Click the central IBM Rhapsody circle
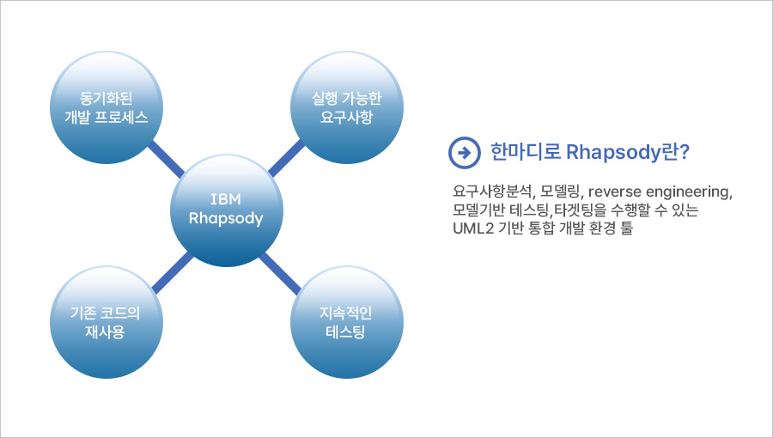[226, 210]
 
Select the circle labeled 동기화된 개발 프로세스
[106, 107]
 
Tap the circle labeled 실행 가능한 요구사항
[347, 107]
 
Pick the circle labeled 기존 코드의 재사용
[106, 322]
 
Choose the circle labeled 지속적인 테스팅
[347, 322]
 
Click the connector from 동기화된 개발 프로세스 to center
[166, 159]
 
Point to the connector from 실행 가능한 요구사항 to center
[286, 158]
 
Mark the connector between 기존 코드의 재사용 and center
[172, 273]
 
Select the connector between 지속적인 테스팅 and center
[279, 273]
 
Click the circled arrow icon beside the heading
[464, 153]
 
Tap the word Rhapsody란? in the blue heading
[627, 152]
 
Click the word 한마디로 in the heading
[525, 151]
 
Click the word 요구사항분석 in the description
[493, 192]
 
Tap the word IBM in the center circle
[226, 199]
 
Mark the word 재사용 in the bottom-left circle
[105, 332]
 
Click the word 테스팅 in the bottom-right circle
[345, 332]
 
